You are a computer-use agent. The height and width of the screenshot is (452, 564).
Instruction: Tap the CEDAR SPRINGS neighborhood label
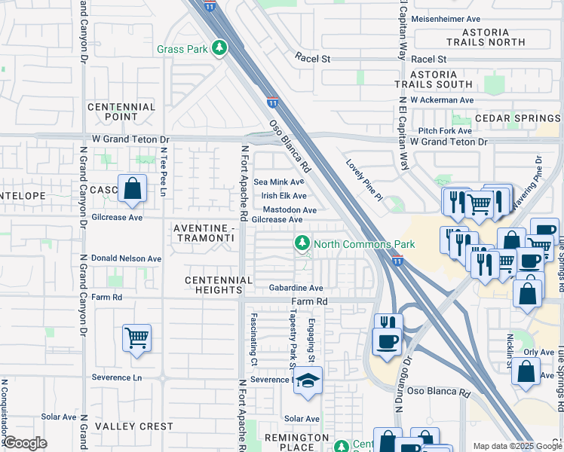point(517,119)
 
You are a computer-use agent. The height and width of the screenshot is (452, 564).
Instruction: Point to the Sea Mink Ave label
point(278,182)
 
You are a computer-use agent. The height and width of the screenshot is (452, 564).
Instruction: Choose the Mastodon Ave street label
point(290,209)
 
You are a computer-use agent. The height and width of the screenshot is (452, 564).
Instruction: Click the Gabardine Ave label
point(296,288)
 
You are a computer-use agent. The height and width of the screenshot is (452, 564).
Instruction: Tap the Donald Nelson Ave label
point(127,258)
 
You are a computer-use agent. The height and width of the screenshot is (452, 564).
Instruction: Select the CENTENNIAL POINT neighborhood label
point(121,112)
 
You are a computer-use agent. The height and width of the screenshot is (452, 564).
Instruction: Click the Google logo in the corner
point(25,443)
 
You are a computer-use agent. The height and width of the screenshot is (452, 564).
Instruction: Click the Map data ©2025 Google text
point(516,446)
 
